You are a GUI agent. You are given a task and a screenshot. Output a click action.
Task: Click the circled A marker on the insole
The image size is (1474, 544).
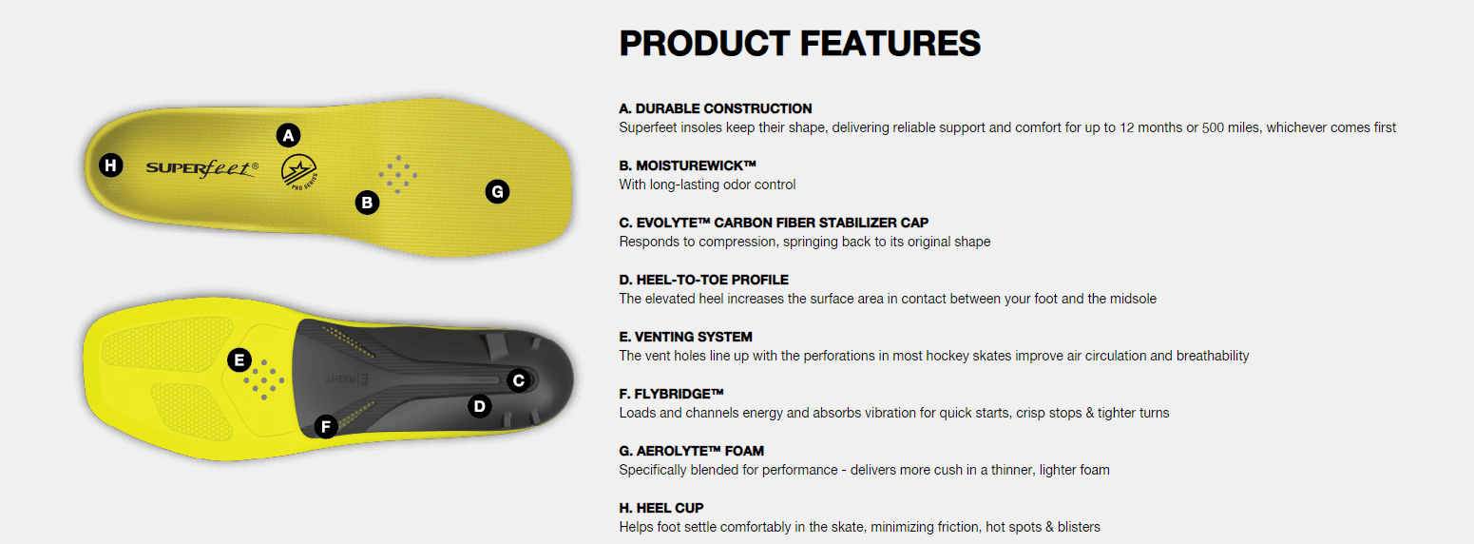tap(288, 136)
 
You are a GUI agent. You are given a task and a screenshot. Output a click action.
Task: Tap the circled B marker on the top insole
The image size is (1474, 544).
tap(367, 203)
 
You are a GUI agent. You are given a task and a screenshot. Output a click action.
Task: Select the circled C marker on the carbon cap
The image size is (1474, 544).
tap(519, 380)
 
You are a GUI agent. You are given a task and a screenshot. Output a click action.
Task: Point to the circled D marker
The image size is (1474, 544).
tap(480, 406)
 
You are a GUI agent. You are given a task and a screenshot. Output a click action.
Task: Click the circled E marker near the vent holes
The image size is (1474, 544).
tap(239, 360)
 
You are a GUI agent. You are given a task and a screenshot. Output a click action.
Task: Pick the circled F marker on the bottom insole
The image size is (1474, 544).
tap(326, 426)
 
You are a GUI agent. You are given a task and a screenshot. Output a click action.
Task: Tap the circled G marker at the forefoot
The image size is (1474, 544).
tap(497, 192)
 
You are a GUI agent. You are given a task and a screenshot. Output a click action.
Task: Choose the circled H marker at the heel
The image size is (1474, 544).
tap(111, 165)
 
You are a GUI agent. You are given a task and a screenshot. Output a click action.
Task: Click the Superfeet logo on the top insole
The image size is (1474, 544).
tap(202, 168)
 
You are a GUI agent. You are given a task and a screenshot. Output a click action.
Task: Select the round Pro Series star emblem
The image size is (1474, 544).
tap(299, 172)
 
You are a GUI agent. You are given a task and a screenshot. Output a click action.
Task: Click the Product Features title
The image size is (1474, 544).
tap(799, 44)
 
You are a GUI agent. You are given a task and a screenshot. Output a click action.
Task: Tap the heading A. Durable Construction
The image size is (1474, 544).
tap(716, 108)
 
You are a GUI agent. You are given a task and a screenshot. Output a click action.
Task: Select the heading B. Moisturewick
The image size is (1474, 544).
tap(688, 165)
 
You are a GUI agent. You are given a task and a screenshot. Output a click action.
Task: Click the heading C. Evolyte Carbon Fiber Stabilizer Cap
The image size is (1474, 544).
tap(774, 223)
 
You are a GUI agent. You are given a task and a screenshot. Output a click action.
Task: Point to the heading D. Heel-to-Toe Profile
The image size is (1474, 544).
tap(703, 280)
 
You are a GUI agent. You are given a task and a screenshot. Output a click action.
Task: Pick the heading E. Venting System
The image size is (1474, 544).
tap(685, 338)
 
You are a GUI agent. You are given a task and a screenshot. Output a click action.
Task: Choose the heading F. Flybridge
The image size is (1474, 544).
tap(671, 394)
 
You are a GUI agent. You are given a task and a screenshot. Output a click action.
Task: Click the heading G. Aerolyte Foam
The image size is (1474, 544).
tap(692, 451)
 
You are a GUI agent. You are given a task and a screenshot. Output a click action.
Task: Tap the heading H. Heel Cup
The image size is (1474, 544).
tap(661, 509)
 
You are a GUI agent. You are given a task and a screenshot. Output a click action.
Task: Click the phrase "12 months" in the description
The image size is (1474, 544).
tap(1151, 127)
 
